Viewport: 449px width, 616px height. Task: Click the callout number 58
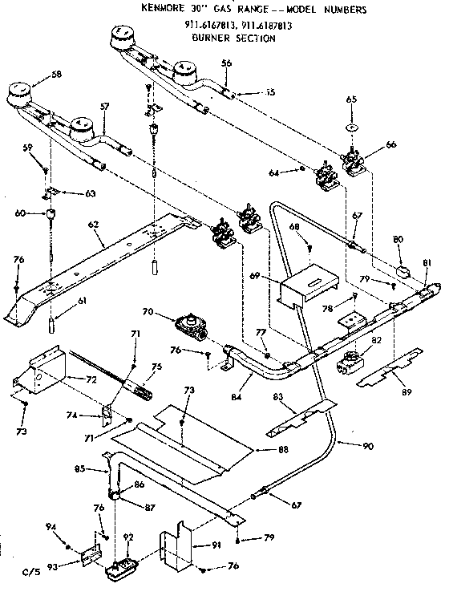[x=55, y=75]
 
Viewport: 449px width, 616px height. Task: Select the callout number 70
[x=148, y=314]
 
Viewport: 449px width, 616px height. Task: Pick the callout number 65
[x=350, y=100]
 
